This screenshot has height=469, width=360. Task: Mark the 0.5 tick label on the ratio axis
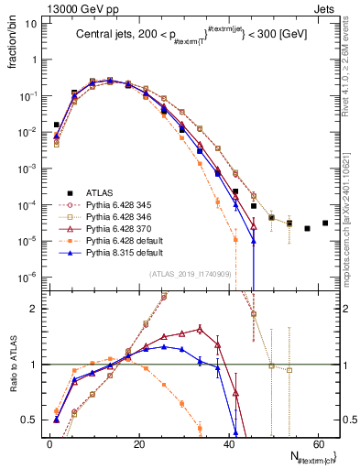pyautogui.click(x=31, y=420)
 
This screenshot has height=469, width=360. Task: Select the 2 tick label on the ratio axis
pyautogui.click(x=35, y=309)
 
